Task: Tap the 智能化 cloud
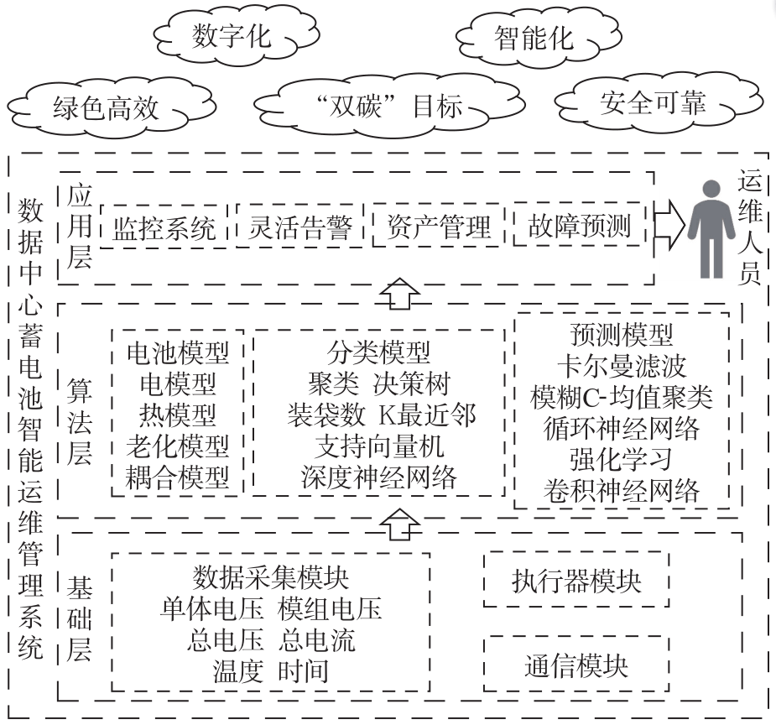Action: coord(533,38)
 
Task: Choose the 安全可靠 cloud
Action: coord(653,102)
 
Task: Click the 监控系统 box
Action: coord(164,226)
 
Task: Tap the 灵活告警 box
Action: coord(300,226)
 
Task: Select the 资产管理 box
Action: coord(438,226)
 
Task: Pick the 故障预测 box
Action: coord(579,226)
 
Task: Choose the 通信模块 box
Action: coord(576,665)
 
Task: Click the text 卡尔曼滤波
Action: coord(621,366)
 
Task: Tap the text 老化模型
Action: coord(178,446)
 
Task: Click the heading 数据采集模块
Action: coord(271,577)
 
